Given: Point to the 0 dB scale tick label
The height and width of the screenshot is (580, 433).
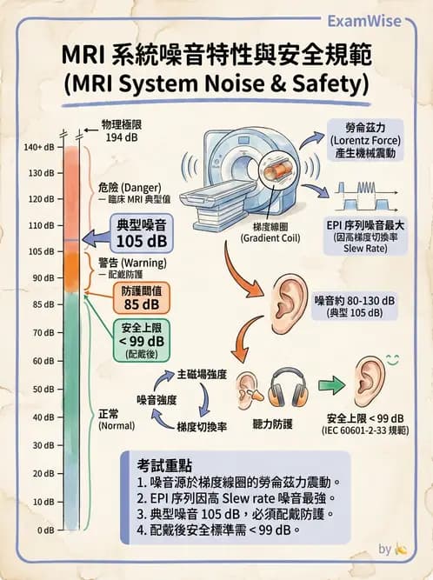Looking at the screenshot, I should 43,530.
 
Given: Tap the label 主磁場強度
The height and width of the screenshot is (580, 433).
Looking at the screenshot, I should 202,374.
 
